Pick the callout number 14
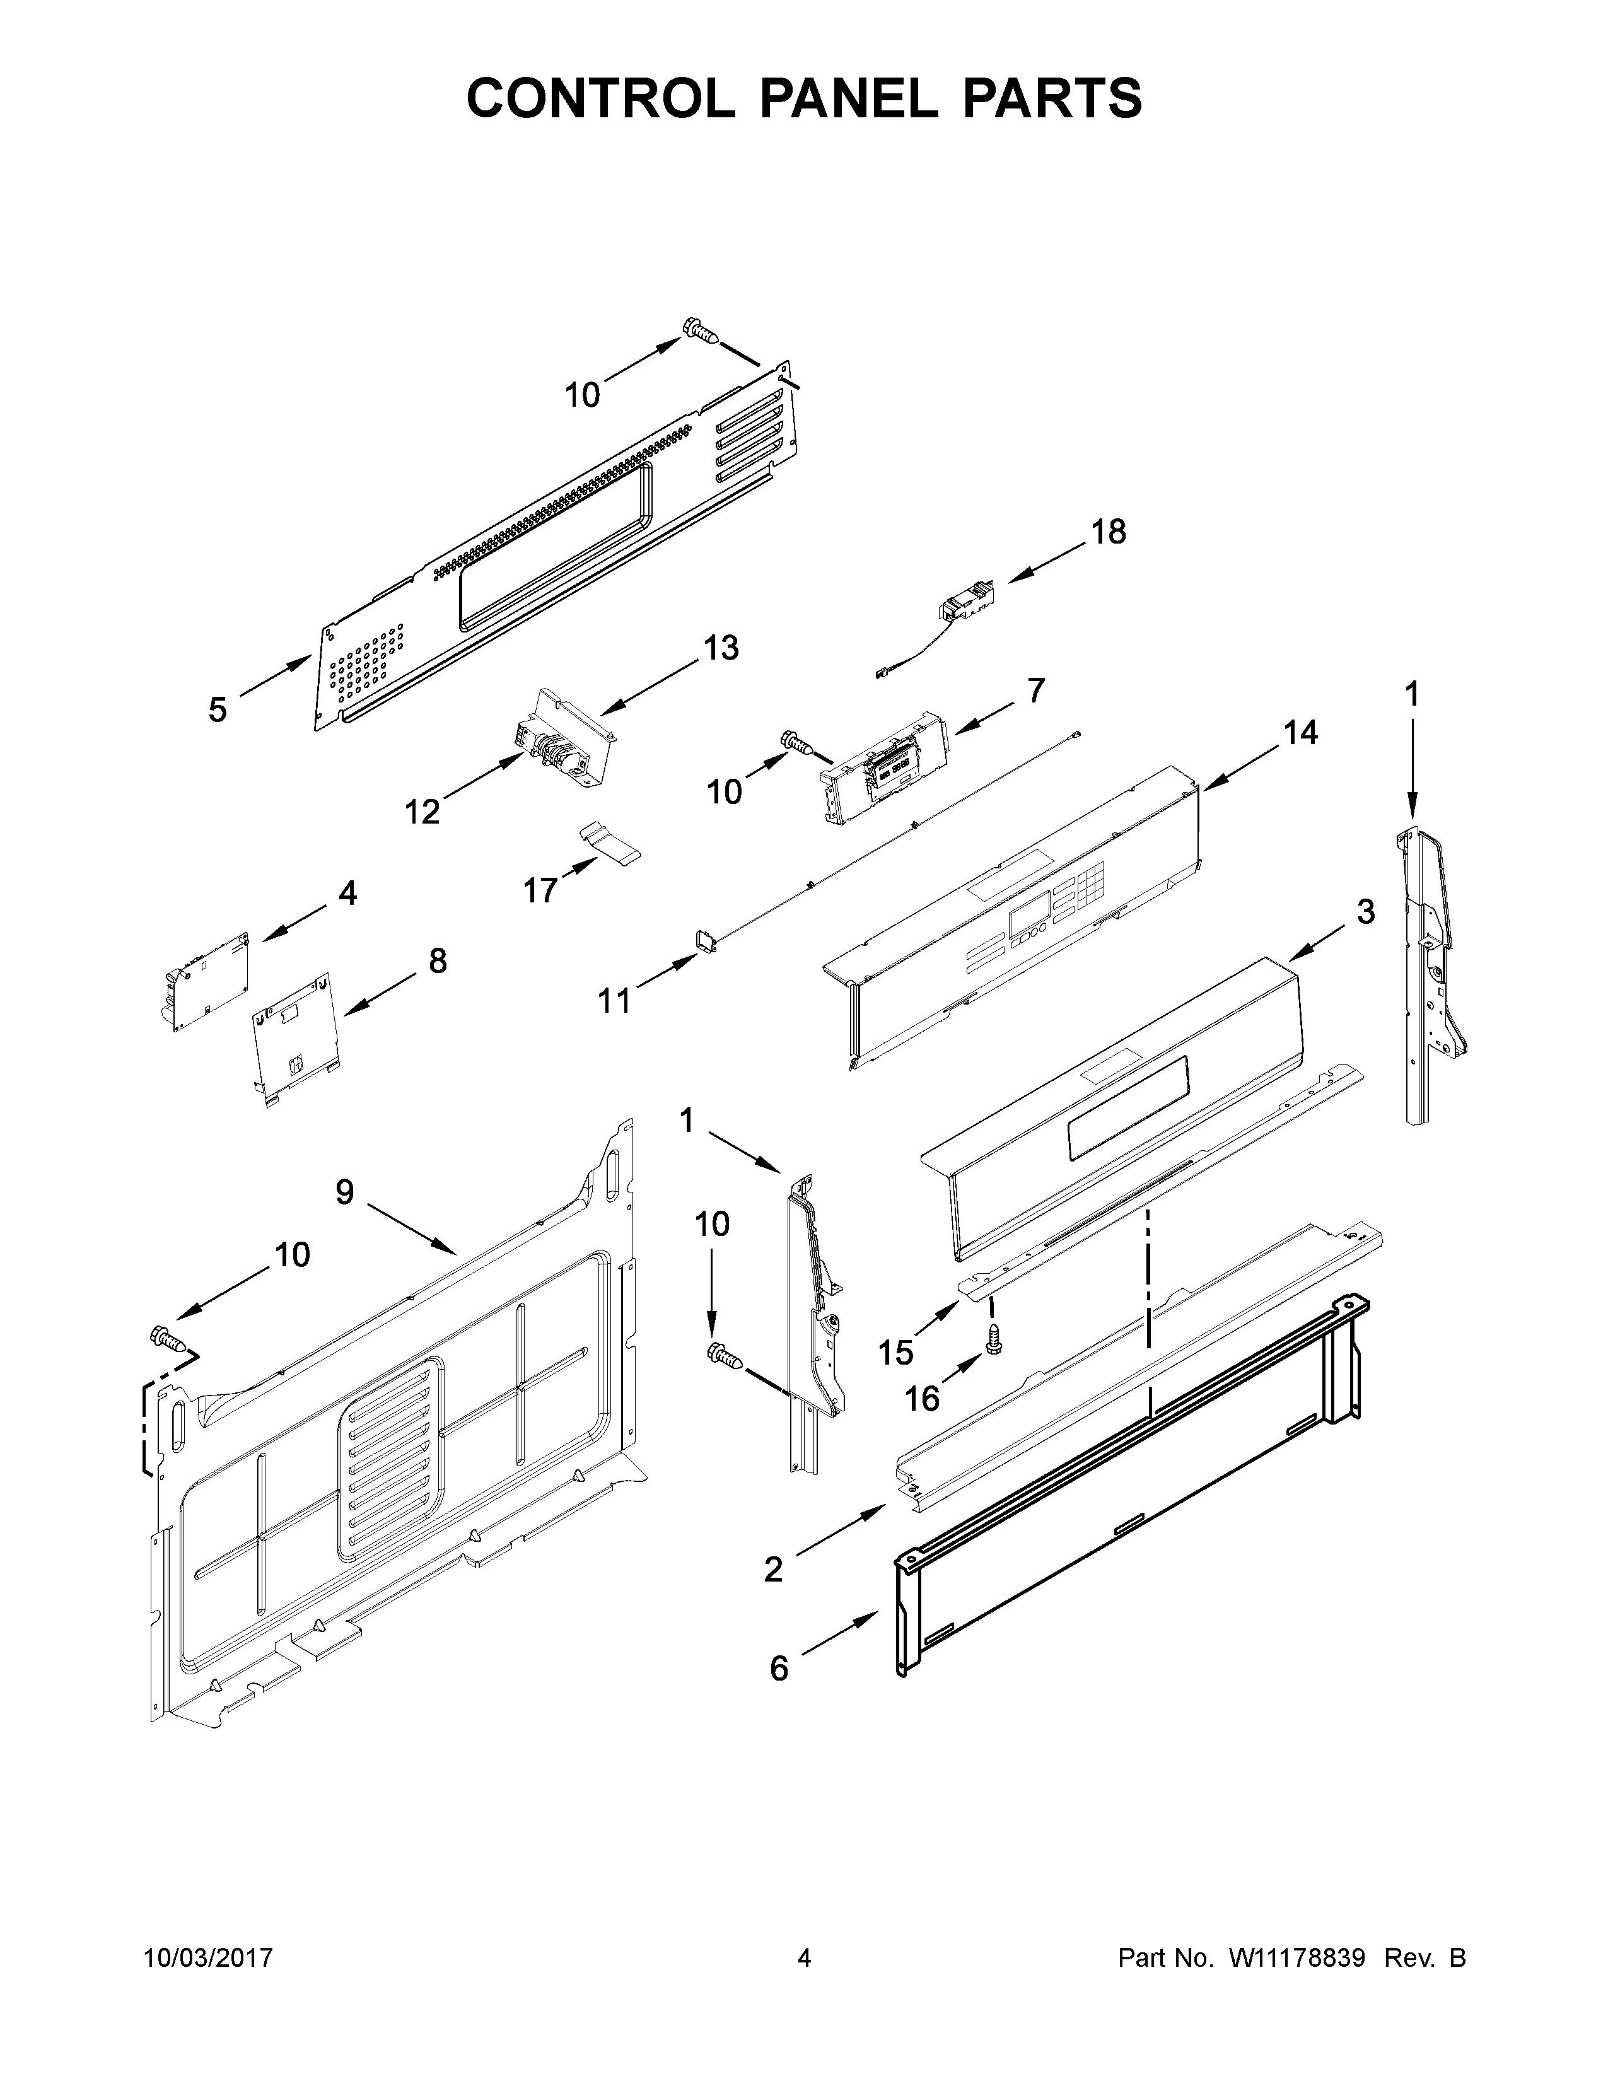(x=1300, y=733)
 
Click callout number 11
(x=614, y=1001)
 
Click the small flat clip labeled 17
(x=610, y=843)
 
